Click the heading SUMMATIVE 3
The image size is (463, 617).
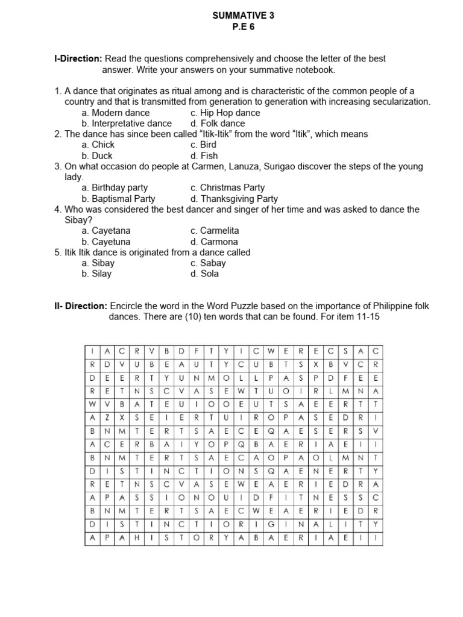243,16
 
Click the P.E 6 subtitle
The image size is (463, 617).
243,27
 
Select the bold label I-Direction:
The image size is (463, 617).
78,58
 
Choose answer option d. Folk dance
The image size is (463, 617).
218,124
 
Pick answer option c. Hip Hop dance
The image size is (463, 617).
225,113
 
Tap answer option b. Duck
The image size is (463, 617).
98,155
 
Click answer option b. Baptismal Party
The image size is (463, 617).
118,198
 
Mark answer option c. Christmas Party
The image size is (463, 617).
227,187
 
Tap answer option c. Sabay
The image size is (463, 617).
208,263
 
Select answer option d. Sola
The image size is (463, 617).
204,274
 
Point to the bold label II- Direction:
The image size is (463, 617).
81,306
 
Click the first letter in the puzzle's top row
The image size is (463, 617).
92,351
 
